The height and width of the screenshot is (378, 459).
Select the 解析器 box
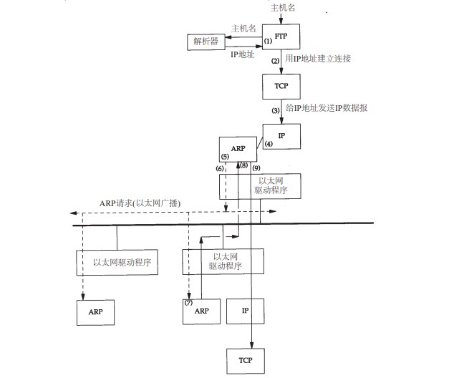coord(207,42)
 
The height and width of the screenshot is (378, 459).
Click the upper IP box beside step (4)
coord(281,136)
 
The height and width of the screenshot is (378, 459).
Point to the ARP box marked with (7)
coord(201,311)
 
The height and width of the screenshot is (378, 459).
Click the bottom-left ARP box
coord(95,312)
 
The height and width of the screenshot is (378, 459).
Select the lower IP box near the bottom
coord(245,311)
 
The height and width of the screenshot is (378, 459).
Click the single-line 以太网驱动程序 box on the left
coord(117,263)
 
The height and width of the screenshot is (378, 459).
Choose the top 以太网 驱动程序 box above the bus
coord(260,185)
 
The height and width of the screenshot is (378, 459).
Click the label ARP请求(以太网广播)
coord(140,203)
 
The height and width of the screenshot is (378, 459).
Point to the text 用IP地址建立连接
coord(317,57)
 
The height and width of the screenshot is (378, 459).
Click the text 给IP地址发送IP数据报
coord(327,109)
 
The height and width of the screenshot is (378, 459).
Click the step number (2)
coord(274,62)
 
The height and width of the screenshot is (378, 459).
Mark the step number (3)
coord(274,110)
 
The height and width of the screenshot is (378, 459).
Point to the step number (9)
coord(256,167)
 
